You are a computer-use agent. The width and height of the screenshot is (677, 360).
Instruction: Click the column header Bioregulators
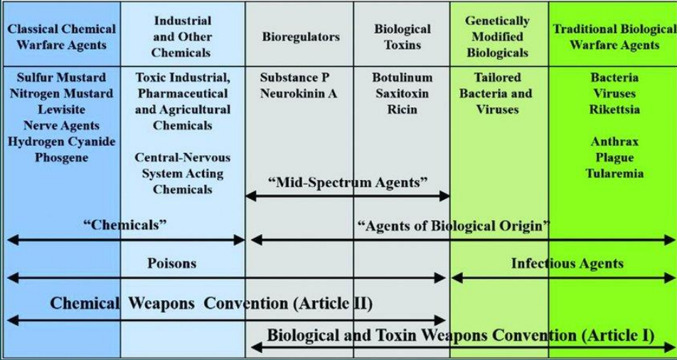(x=300, y=36)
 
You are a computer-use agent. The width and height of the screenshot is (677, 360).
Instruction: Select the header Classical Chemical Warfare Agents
(x=60, y=36)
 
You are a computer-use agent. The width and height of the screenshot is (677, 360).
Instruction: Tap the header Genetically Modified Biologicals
(x=497, y=36)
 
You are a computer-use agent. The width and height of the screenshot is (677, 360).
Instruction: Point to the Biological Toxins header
(x=402, y=36)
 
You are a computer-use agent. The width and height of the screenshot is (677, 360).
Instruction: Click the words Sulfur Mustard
(x=60, y=78)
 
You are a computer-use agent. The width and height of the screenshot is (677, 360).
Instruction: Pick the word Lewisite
(x=60, y=110)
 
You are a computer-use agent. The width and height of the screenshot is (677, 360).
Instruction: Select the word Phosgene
(x=60, y=157)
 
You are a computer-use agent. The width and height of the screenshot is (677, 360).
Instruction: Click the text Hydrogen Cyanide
(x=60, y=142)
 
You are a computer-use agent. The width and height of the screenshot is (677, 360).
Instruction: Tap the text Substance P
(x=294, y=78)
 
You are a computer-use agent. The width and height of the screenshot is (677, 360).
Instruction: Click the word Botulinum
(x=402, y=78)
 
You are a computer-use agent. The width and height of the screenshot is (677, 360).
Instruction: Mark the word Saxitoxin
(x=402, y=94)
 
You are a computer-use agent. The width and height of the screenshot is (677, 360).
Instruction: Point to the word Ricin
(x=402, y=110)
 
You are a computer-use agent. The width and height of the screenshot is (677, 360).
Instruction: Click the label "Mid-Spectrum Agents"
(x=348, y=182)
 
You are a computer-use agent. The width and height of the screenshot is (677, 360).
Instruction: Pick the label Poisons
(x=171, y=264)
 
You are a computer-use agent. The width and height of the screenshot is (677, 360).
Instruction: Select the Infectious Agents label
(x=567, y=264)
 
